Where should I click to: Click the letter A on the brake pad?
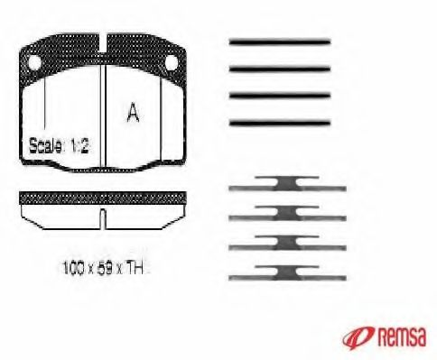pyautogui.click(x=133, y=113)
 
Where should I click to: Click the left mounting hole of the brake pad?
pyautogui.click(x=33, y=63)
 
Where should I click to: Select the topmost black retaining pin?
pyautogui.click(x=279, y=41)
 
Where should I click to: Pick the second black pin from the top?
pyautogui.click(x=279, y=68)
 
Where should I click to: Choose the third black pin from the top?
pyautogui.click(x=279, y=95)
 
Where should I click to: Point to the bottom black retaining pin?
pyautogui.click(x=279, y=122)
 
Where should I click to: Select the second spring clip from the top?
pyautogui.click(x=286, y=215)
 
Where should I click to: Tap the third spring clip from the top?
pyautogui.click(x=286, y=243)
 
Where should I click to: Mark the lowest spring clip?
pyautogui.click(x=286, y=270)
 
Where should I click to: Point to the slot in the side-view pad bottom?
pyautogui.click(x=103, y=219)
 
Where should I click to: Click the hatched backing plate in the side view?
pyautogui.click(x=103, y=198)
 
